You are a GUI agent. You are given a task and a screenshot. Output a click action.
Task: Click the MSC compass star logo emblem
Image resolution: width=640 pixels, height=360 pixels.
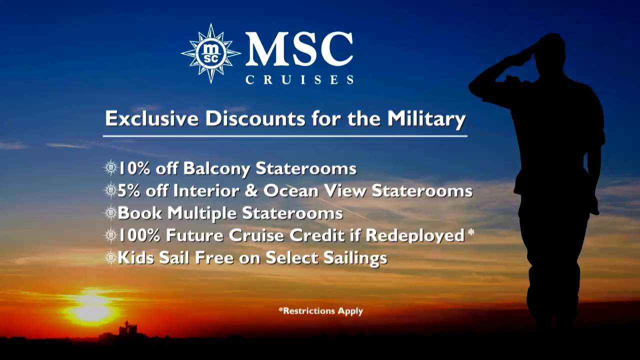pyautogui.click(x=210, y=53)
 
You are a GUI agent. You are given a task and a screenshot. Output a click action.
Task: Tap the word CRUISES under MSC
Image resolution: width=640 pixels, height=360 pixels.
pyautogui.click(x=299, y=79)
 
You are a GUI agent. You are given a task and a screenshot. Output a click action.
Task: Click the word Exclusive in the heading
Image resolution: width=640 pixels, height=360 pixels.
pyautogui.click(x=151, y=119)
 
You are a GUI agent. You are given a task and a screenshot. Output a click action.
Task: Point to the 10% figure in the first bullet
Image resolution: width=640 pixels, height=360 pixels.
pyautogui.click(x=133, y=168)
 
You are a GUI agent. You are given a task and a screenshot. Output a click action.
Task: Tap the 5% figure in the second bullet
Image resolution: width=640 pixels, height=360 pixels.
pyautogui.click(x=128, y=190)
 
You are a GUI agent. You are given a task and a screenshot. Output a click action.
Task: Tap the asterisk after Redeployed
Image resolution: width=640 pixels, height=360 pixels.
pyautogui.click(x=470, y=233)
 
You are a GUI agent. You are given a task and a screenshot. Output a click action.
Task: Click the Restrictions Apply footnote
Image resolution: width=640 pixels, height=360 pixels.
pyautogui.click(x=320, y=310)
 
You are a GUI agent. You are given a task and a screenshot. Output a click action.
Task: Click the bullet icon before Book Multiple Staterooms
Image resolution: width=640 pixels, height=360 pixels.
pyautogui.click(x=110, y=213)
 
